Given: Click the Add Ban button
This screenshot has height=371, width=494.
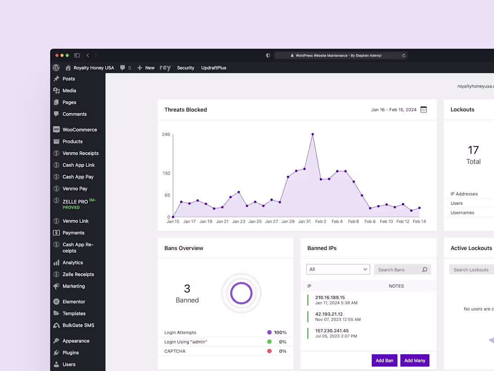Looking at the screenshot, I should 384,360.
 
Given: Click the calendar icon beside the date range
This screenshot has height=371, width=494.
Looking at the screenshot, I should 423,110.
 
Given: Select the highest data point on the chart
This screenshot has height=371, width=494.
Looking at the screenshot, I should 313,134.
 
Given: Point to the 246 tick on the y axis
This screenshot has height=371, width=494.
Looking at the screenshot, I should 166,134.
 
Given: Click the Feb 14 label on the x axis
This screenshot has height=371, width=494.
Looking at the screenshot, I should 419,222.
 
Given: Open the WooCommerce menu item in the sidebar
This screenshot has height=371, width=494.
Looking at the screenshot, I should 79,130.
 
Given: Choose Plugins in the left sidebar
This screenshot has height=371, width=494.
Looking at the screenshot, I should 71,353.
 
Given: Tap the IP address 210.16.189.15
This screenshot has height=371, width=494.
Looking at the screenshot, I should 330,297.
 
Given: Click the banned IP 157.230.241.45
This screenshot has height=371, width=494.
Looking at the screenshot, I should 332,331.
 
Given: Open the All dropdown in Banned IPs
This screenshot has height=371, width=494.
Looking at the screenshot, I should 338,269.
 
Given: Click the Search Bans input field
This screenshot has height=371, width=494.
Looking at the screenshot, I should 398,270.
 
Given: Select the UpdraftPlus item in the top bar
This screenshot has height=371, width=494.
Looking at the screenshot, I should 214,68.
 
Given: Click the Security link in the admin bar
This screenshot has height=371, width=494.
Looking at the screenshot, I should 185,68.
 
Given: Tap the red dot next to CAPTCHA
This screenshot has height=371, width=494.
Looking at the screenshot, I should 269,351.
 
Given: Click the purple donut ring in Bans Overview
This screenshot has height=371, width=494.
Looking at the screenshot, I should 241,293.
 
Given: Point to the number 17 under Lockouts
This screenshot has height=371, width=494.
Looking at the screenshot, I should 473,150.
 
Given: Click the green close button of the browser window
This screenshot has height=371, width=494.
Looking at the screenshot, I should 67,55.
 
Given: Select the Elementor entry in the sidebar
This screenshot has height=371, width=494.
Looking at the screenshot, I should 74,302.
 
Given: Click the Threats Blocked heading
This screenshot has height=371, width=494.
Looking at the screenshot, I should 185,110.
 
